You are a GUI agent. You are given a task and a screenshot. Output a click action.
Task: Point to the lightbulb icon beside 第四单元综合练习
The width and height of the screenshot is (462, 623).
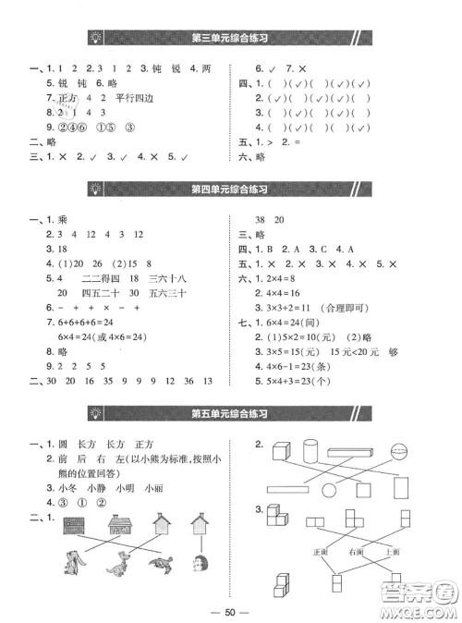click(95, 189)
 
